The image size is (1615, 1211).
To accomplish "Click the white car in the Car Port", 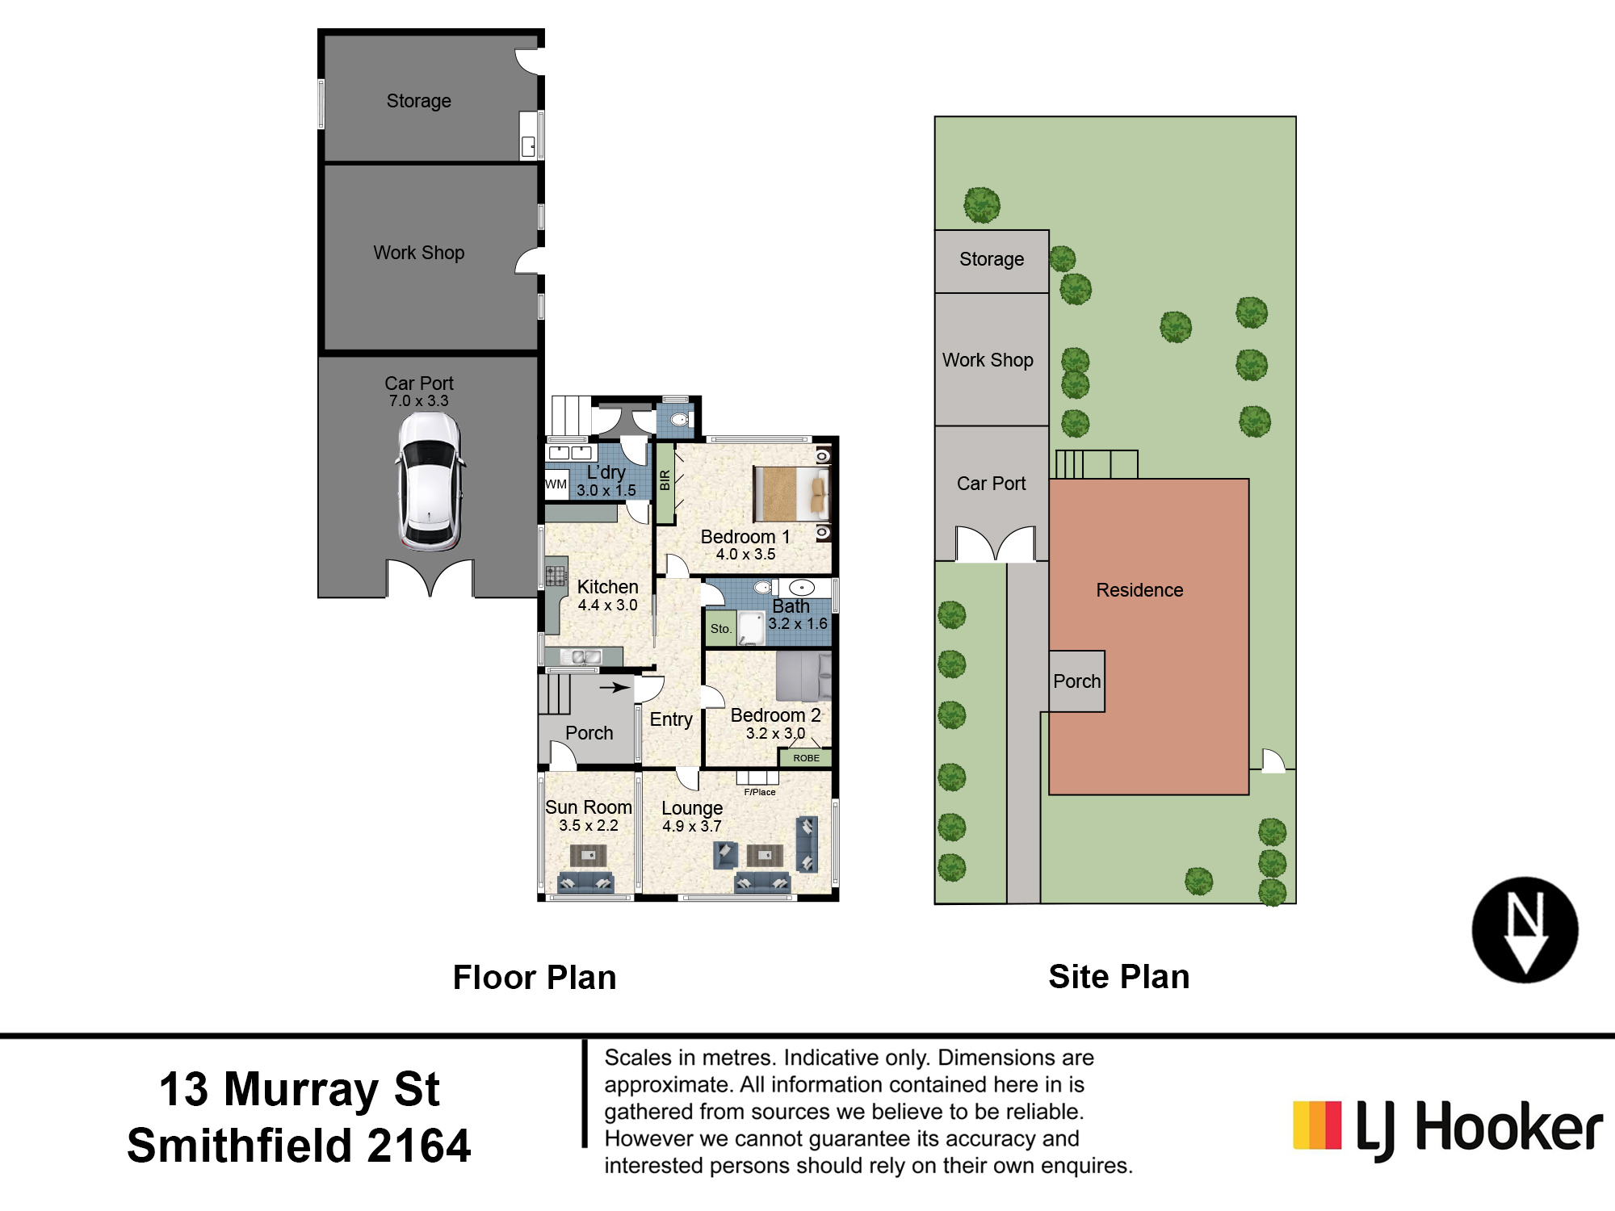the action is (430, 482).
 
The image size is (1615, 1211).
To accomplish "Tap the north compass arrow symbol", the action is (1525, 930).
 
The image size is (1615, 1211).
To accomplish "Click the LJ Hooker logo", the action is (1448, 1128).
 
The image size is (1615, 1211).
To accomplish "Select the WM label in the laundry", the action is (556, 484).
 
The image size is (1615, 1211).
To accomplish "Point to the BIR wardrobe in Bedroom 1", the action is (665, 482).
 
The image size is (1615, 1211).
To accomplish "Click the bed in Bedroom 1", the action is (791, 493).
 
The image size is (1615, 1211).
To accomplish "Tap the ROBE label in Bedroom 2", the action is (806, 758).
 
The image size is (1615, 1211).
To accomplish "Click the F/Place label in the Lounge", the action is (759, 792).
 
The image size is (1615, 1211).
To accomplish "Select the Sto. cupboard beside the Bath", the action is (721, 628).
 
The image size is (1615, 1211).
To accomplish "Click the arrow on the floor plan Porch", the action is (615, 688).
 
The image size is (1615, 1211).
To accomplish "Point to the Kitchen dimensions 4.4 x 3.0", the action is (607, 605).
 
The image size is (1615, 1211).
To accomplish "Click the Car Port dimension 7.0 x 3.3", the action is (418, 401).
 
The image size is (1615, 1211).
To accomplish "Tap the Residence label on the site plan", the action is (1139, 590).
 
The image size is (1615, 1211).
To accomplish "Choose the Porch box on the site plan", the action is (1076, 681).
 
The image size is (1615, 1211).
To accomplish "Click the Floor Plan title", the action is (535, 978).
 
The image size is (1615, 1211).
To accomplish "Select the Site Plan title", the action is (1119, 977).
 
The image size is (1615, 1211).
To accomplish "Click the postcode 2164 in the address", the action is (418, 1146).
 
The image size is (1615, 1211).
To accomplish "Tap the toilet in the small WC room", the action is (681, 419).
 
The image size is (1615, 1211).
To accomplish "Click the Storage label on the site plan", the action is (992, 260).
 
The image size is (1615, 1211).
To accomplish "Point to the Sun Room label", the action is (588, 807).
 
